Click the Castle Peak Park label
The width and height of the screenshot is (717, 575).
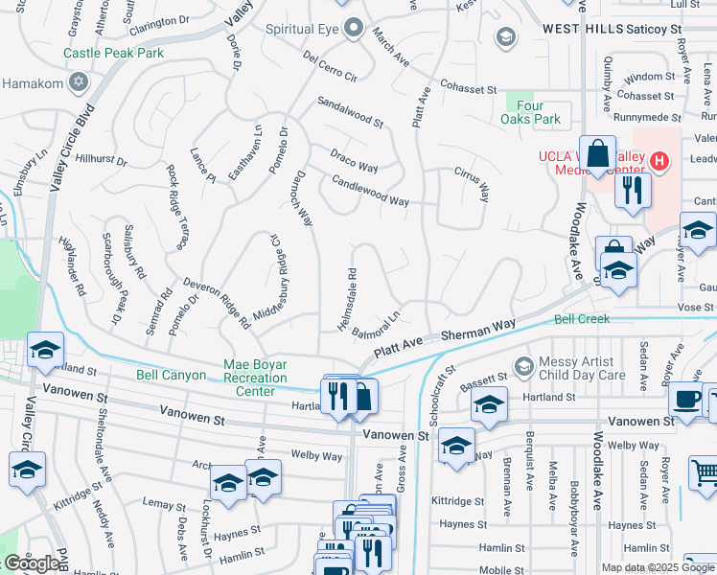coord(114,54)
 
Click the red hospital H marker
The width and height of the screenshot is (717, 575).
coord(659,159)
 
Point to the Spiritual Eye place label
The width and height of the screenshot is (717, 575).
coord(303,30)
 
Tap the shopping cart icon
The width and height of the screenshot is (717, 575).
coord(705,470)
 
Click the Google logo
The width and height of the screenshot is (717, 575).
coord(32,563)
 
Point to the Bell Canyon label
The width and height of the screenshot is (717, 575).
coord(172,376)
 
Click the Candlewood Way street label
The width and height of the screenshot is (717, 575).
coord(370,191)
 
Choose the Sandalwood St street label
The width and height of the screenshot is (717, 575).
coord(350,112)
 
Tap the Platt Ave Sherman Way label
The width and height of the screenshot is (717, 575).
coord(445,340)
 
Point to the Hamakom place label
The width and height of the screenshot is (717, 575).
coord(36,83)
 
